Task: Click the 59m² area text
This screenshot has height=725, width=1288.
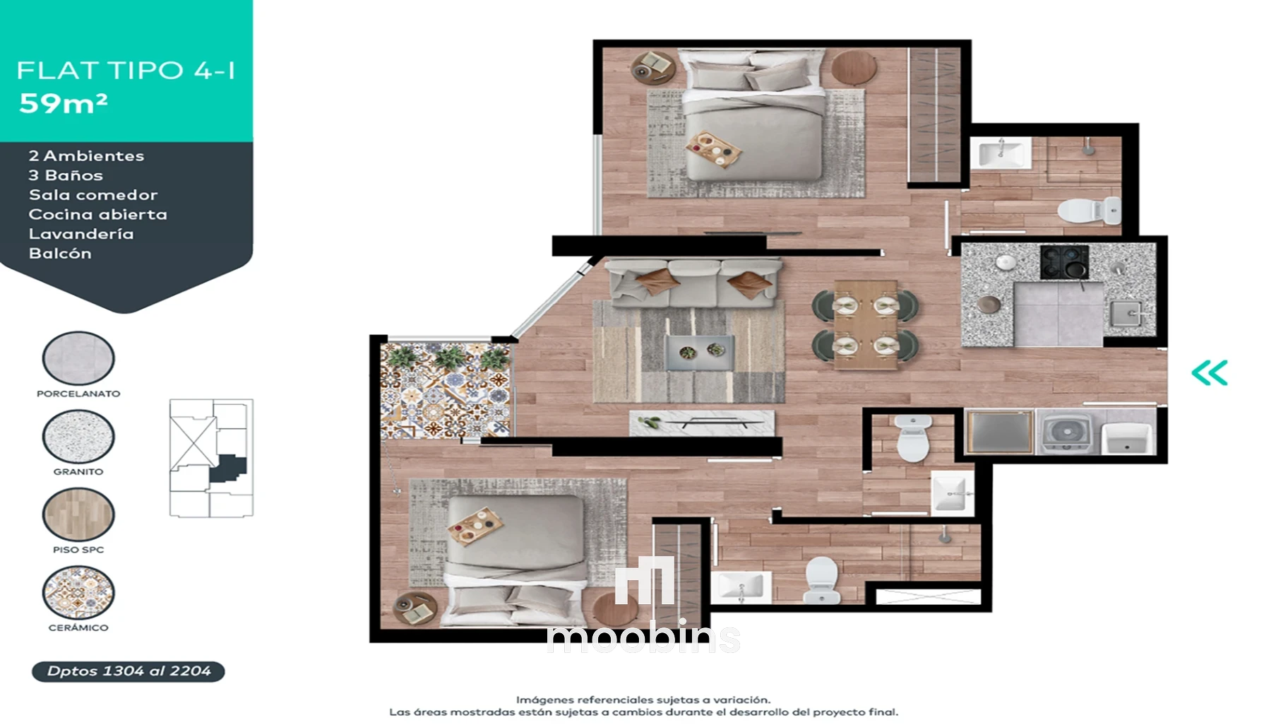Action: pos(64,103)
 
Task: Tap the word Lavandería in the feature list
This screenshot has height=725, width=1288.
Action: pos(81,234)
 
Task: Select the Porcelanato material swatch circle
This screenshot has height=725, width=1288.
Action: pos(78,358)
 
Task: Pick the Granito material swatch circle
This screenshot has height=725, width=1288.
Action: pos(78,437)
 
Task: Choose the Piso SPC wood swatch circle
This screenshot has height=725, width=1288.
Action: pos(78,514)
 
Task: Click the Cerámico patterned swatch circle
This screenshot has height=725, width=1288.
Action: pos(78,592)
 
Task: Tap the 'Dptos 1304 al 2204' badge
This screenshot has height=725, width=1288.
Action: pos(129,671)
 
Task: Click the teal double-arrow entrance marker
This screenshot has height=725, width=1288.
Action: pos(1210,373)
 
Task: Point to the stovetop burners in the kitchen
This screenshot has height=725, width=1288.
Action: pos(1064,261)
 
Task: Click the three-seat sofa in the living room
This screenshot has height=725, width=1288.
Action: pos(694,283)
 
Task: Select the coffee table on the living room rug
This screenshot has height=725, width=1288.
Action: pos(700,352)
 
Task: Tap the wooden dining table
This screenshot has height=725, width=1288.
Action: pos(866,324)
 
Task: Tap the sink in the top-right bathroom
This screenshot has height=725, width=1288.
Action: pos(1001,153)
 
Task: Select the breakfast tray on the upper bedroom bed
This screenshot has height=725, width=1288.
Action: pos(713,149)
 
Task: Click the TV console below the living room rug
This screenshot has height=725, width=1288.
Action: pos(702,423)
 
